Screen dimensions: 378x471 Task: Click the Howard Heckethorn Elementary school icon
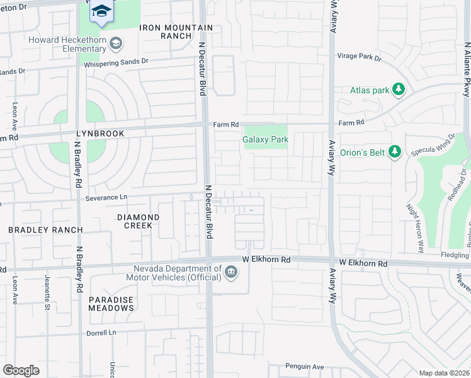click(115, 43)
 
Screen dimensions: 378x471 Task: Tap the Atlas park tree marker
click(398, 90)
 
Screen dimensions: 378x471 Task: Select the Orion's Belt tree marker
click(394, 151)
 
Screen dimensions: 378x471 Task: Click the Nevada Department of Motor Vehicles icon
click(231, 272)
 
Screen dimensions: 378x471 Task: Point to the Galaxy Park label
click(266, 140)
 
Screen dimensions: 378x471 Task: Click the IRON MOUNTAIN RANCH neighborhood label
click(176, 31)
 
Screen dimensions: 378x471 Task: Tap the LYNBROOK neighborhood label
click(98, 134)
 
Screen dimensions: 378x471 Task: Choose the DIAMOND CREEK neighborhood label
click(139, 221)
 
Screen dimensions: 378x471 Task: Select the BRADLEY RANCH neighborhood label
click(45, 230)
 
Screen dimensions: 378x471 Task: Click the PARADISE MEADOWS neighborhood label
click(111, 304)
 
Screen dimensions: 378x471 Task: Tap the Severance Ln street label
click(106, 197)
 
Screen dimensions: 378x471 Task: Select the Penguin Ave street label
click(304, 366)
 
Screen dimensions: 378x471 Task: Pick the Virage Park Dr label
click(359, 57)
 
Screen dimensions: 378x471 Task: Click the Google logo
click(21, 370)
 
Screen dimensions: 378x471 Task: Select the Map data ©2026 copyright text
click(444, 373)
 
